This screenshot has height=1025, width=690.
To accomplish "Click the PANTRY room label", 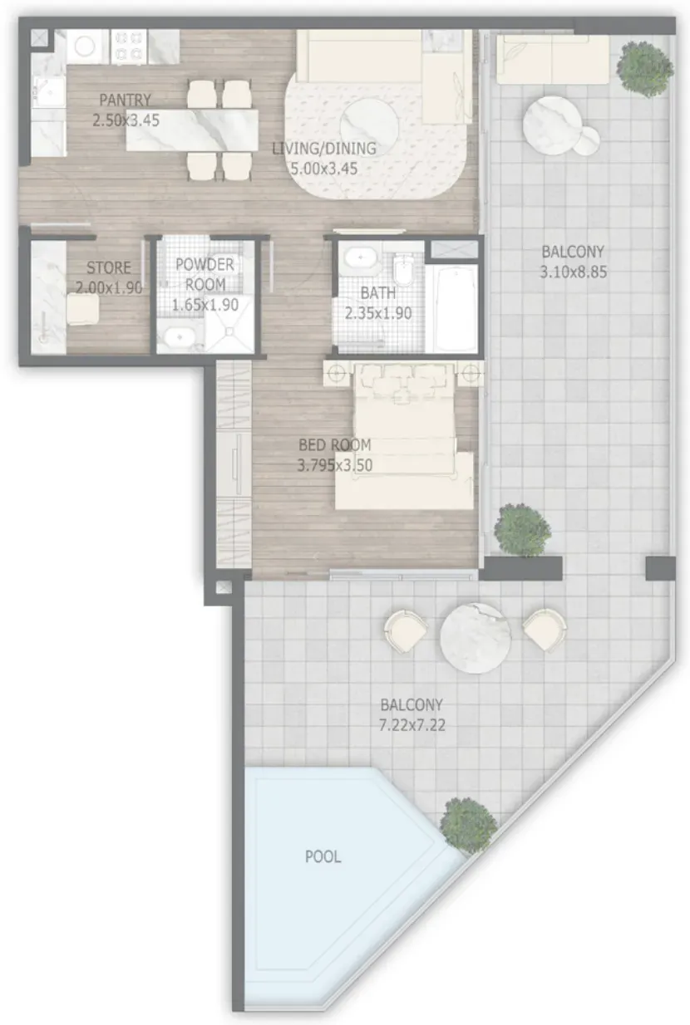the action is (x=125, y=100).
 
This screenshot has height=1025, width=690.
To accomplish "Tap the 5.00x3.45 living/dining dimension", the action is (x=324, y=169).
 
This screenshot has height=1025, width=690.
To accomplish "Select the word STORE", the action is (x=109, y=267).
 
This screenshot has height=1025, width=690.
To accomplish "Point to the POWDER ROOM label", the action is (x=205, y=274).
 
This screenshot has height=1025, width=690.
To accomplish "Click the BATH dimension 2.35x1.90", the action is (x=378, y=313).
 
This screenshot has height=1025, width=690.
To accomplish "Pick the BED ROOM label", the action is (x=335, y=444).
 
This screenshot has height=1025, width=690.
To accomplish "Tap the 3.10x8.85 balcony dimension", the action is (x=574, y=272).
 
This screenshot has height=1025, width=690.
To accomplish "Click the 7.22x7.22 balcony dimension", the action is (x=412, y=725).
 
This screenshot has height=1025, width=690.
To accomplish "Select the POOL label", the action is (x=323, y=856).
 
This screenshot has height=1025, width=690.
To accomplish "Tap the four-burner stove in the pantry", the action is (x=128, y=47).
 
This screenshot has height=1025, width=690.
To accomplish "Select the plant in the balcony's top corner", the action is (x=645, y=69).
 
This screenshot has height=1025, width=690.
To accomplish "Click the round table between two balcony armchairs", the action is (x=476, y=638).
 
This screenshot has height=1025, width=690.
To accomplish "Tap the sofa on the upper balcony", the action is (x=553, y=60).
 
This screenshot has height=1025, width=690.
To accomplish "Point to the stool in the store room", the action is (x=83, y=309).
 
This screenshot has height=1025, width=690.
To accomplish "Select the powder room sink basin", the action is (x=180, y=337).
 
